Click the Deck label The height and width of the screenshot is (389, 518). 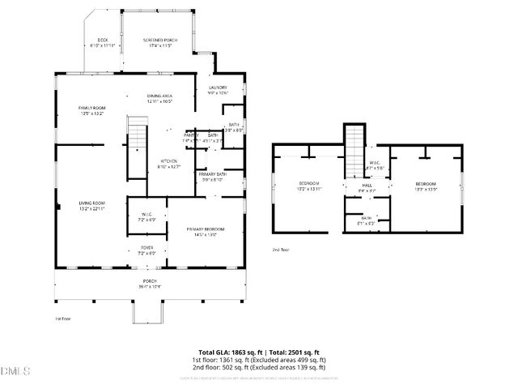[103, 40]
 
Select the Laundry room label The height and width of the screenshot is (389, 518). [218, 88]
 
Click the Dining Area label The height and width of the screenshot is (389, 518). [159, 96]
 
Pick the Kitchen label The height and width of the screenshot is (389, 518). [168, 160]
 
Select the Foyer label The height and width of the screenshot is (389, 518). [147, 247]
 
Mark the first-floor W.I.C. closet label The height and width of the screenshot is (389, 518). [147, 214]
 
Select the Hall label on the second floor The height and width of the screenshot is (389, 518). [367, 186]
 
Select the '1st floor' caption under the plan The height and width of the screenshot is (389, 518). [62, 319]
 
